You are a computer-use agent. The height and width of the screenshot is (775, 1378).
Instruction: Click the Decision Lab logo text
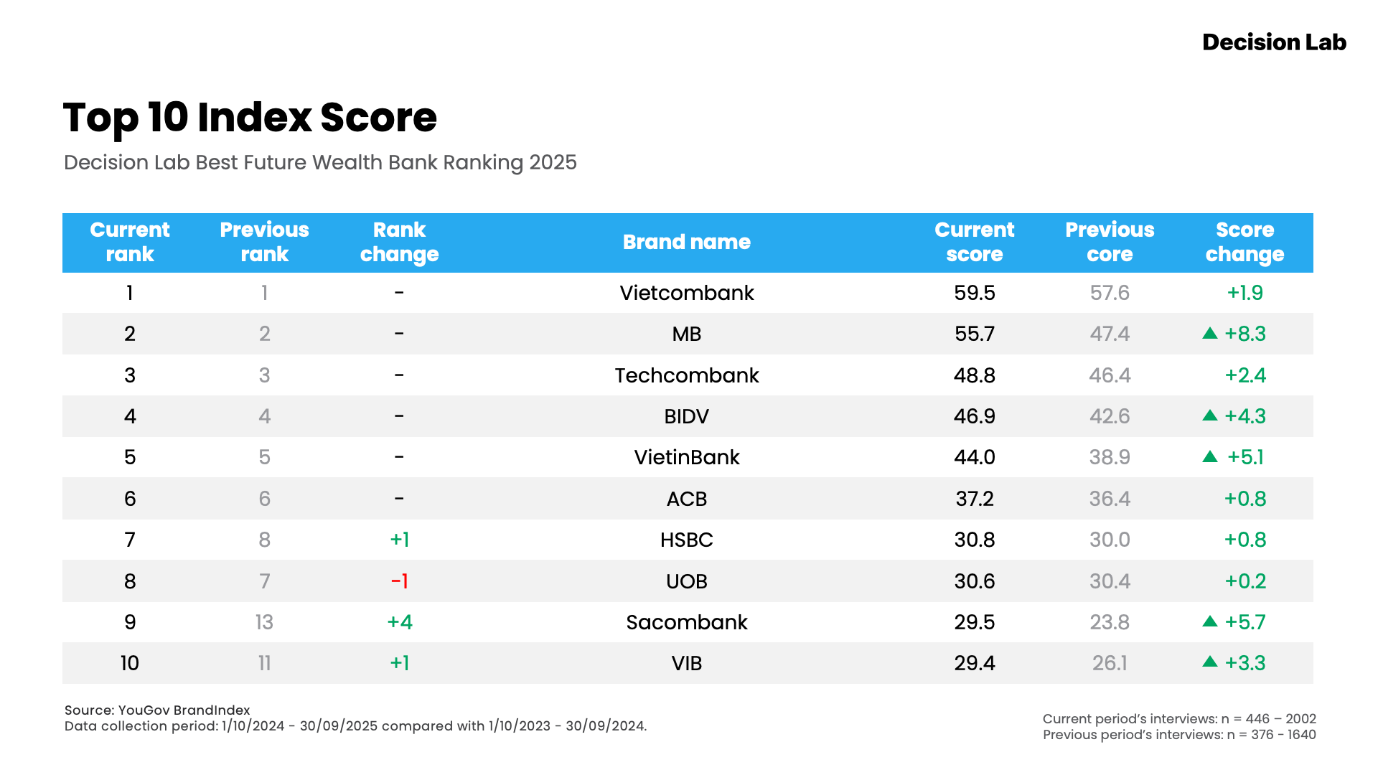pos(1274,42)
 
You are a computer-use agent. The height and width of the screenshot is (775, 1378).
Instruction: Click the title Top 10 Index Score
pos(250,118)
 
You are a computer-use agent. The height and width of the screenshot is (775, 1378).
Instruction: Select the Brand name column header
pos(686,243)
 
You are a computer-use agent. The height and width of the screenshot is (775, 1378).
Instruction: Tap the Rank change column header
pos(399,243)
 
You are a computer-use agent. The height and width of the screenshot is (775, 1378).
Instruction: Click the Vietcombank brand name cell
pos(686,293)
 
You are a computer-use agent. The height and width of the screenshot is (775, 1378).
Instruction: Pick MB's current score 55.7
pos(974,334)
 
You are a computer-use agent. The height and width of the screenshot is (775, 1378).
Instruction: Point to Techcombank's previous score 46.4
pos(1109,375)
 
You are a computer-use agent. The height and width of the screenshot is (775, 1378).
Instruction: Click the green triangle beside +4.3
pos(1210,415)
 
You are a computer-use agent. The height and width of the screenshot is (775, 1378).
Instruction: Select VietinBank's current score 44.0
pos(974,457)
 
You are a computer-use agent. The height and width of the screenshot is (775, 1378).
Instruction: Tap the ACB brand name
pos(686,499)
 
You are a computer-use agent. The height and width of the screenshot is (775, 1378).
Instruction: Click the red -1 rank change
pos(399,581)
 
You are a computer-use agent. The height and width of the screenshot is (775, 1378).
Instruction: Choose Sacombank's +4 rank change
pos(399,622)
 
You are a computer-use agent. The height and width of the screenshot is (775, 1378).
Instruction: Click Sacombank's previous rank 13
pos(264,622)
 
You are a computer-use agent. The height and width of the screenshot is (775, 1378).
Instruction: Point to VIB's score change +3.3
pos(1245,663)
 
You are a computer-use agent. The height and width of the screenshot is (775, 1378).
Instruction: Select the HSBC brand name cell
pos(686,540)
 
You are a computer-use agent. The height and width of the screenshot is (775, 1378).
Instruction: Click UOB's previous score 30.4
pos(1109,581)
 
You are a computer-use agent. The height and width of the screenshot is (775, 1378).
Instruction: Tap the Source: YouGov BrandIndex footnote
pos(157,710)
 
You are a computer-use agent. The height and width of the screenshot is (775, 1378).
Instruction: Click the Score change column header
pos(1245,243)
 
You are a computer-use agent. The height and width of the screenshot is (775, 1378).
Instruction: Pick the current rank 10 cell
pos(130,663)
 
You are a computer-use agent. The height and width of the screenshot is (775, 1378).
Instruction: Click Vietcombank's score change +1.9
pos(1245,293)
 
